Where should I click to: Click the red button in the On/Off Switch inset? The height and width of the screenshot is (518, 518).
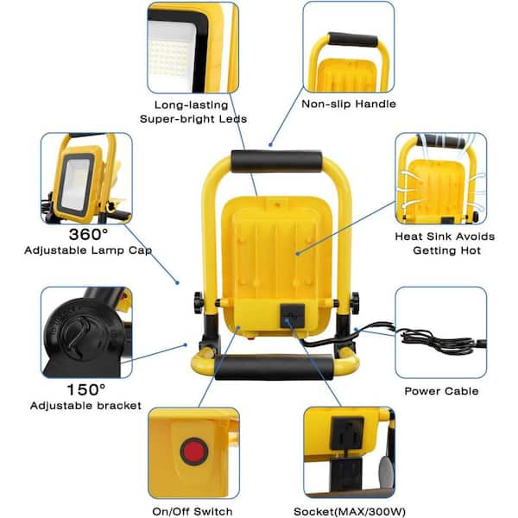coord(194,452)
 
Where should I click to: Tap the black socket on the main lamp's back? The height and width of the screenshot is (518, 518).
coord(293,316)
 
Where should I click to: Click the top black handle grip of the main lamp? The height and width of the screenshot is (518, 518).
coord(276,161)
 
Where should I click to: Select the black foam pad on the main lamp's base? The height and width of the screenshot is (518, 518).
coord(275,367)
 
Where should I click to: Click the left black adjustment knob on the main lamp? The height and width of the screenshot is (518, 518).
coord(199,303)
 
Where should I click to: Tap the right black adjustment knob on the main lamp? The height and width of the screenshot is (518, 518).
coord(355,303)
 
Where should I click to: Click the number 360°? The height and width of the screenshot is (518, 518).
coord(88,235)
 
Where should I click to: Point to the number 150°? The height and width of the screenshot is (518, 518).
coord(86,389)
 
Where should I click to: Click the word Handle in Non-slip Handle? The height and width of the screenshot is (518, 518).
coord(375,104)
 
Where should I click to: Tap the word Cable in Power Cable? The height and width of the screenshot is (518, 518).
coord(462,391)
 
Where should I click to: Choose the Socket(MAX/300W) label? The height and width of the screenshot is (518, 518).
coord(350,512)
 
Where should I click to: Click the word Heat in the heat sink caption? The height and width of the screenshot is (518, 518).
coord(408,237)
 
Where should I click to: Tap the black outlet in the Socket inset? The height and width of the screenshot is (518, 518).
coord(347,433)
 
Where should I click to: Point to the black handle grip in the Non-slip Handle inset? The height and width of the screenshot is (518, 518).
coord(352,40)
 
